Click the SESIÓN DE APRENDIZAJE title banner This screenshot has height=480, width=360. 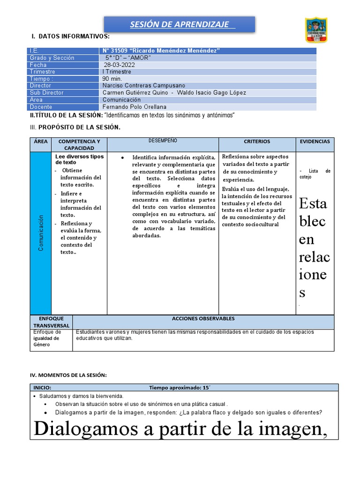click(179, 24)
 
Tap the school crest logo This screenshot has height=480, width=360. click(316, 30)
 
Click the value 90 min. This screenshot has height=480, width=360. click(112, 79)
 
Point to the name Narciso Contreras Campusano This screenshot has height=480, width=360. click(144, 86)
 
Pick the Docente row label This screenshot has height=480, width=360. click(41, 107)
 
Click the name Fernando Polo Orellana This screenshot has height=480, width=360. click(135, 107)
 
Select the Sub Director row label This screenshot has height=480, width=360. click(46, 93)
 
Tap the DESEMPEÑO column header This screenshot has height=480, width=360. click(163, 141)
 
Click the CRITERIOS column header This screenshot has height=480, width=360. click(257, 142)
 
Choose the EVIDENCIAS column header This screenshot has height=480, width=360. click(315, 141)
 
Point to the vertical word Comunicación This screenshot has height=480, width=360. click(41, 233)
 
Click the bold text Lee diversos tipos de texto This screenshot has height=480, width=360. click(79, 159)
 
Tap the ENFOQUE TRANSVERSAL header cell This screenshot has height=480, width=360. click(51, 322)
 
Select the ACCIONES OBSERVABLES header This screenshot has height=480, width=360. click(203, 318)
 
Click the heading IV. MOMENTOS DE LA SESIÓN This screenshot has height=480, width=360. click(68, 375)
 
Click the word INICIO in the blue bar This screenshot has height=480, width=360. click(42, 388)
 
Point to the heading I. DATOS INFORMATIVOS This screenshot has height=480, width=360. click(70, 36)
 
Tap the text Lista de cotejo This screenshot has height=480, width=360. click(315, 174)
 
